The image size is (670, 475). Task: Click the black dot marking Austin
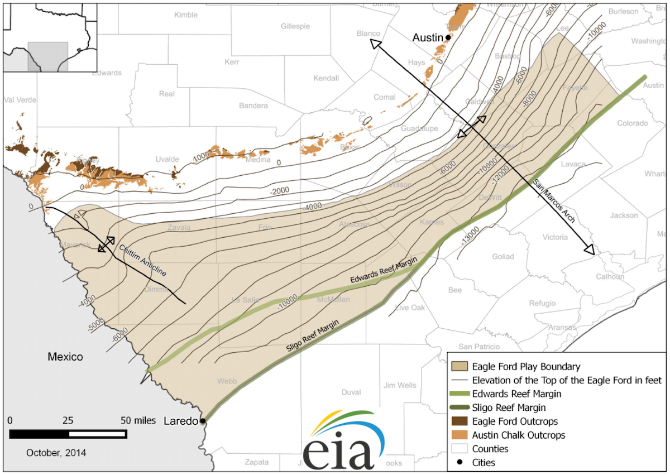coord(448,37)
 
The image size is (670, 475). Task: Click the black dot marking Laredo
coord(203,420)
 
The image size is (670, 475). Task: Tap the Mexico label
coord(65,357)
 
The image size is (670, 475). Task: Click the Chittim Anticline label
coord(142,260)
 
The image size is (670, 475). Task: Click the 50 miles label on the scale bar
coord(134,420)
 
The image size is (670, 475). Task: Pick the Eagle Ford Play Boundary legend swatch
coord(460,367)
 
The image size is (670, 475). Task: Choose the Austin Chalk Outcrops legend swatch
coord(460,435)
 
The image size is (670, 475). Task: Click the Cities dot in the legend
coord(460,462)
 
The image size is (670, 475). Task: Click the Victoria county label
coord(555,237)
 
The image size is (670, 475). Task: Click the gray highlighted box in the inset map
coord(48,56)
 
